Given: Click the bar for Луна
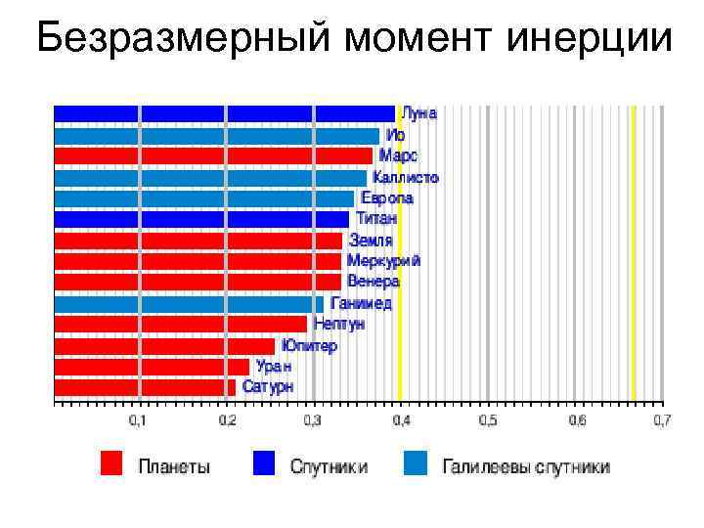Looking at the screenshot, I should coord(224,113).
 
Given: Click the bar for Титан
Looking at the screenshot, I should coord(200,219).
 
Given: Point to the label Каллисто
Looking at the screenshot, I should coord(406,178).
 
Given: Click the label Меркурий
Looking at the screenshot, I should coord(383,261).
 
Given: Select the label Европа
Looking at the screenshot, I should coord(387,198).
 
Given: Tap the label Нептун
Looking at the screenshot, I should coord(339,324).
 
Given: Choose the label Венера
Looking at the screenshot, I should coord(374,282).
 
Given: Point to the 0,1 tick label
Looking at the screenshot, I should coord(140,420).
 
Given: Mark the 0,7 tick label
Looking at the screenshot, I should coord(662,420).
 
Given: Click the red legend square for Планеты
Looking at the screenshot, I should coord(111,463).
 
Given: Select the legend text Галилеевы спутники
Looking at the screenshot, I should coord(526,466).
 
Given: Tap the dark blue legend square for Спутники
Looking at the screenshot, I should coord(264,463).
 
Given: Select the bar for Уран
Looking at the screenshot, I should coord(152,367).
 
